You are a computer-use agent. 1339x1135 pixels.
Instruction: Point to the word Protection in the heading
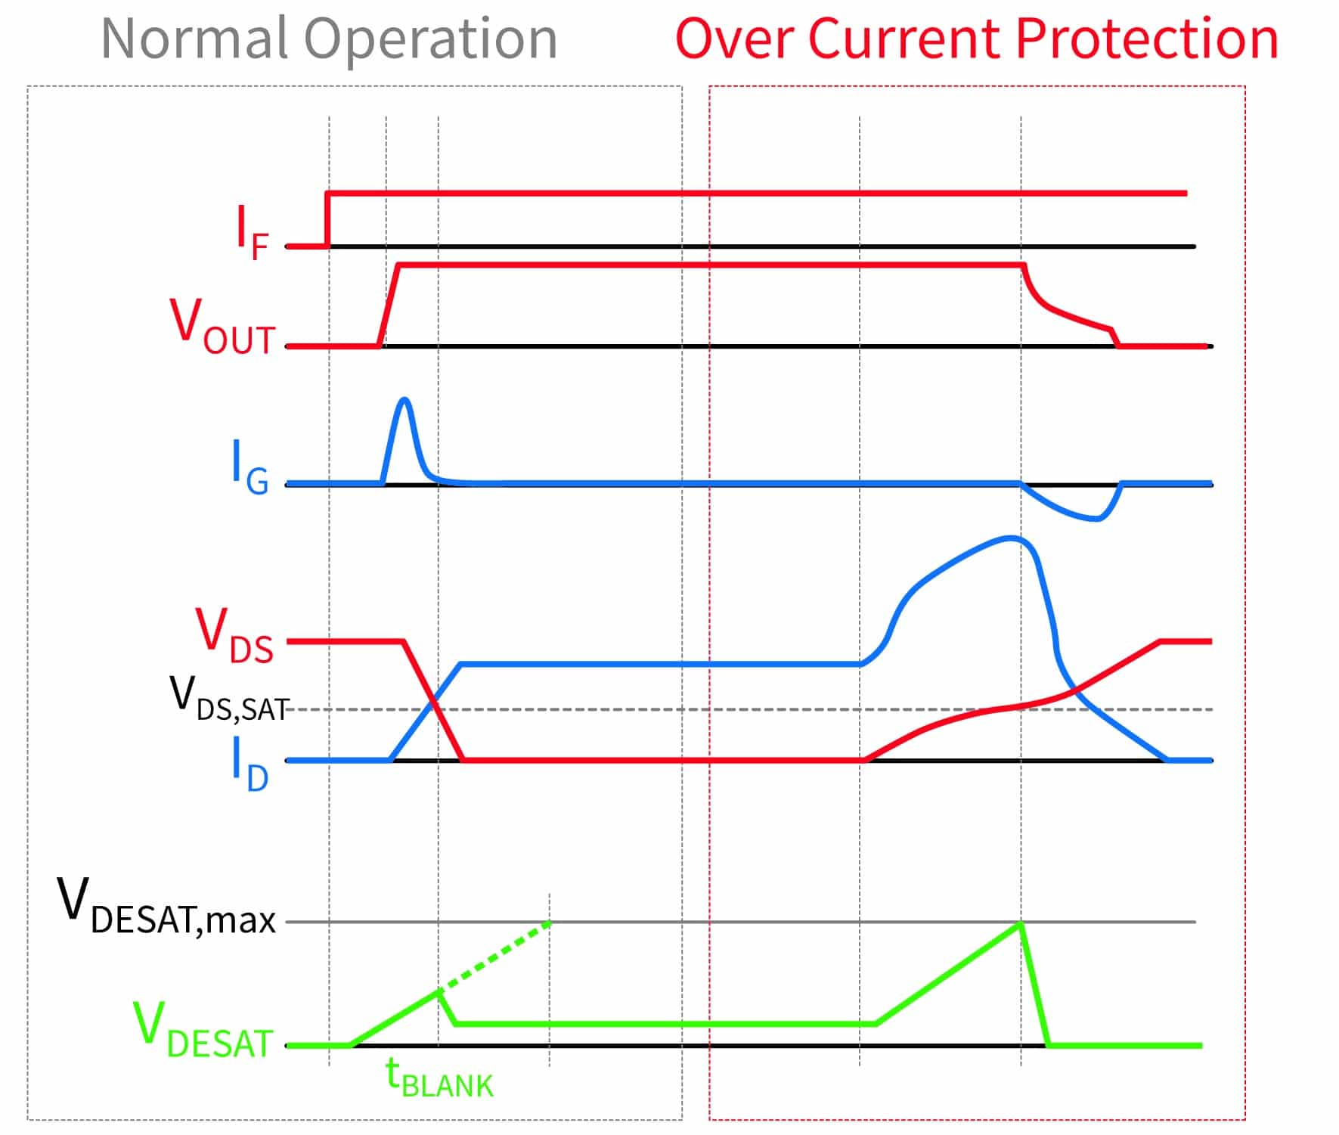(1146, 39)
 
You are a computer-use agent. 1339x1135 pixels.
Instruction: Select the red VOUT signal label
(222, 326)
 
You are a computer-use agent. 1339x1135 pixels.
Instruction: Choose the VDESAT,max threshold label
(166, 908)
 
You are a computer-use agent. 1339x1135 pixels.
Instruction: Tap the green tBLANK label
(439, 1077)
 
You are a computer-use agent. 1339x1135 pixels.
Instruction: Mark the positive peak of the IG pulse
(405, 399)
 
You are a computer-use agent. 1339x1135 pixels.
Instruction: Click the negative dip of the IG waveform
(1095, 519)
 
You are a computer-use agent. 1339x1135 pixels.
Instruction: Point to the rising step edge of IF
(327, 219)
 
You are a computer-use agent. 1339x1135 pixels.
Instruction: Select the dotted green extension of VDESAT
(495, 957)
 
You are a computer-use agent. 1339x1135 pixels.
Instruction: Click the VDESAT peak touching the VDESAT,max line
(1021, 923)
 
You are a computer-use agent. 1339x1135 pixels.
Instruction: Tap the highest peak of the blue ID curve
(1012, 538)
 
